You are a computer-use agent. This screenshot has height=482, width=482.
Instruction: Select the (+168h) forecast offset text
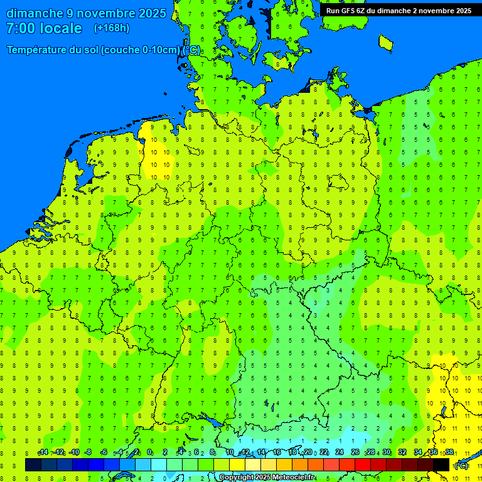[x=111, y=28]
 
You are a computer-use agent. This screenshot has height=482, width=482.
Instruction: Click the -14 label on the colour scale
[x=43, y=453]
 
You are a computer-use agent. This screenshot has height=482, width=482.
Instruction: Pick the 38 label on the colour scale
[x=449, y=453]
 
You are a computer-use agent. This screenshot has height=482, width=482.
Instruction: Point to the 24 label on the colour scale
[x=340, y=453]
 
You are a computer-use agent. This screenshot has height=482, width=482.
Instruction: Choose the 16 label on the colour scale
[x=277, y=453]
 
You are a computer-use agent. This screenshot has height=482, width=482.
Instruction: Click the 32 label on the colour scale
[x=402, y=453]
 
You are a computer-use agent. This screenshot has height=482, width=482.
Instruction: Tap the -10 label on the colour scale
[x=73, y=453]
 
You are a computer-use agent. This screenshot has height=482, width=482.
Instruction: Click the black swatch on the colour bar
[x=441, y=464]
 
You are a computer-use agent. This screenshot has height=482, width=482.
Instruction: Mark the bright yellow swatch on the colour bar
[x=237, y=464]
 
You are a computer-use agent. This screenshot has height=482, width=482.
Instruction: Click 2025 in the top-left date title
[x=152, y=13]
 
